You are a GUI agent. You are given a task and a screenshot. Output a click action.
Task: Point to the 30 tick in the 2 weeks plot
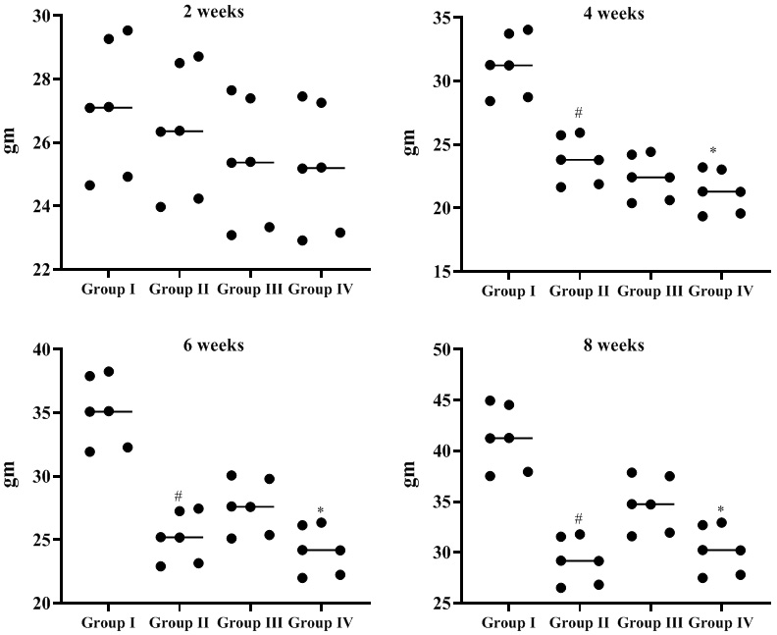(40, 16)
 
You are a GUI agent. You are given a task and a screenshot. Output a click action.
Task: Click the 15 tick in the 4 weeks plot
(442, 271)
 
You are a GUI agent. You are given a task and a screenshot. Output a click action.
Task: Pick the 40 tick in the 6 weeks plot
(40, 349)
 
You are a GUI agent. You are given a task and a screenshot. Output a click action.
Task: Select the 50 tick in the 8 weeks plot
(442, 349)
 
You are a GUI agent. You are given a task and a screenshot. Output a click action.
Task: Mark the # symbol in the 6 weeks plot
(179, 496)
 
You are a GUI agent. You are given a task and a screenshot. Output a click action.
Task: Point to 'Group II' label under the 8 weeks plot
(578, 623)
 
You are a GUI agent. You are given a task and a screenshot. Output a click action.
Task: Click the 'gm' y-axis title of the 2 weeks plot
(12, 142)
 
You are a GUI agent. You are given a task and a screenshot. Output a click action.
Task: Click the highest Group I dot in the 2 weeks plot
(128, 30)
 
